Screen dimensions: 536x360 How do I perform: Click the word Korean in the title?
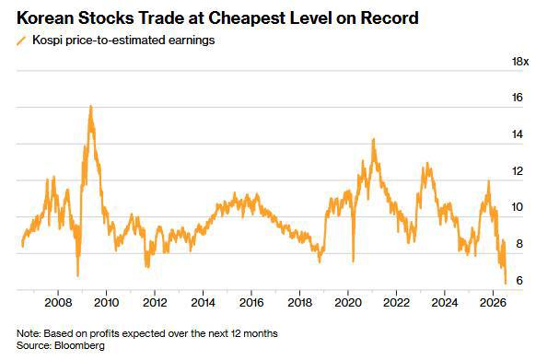tap(45, 18)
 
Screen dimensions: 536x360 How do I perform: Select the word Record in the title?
tap(390, 18)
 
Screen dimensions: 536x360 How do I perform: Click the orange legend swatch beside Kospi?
tap(21, 41)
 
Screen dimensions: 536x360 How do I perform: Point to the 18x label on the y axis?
tap(520, 62)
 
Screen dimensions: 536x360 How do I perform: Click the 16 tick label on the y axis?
tap(518, 98)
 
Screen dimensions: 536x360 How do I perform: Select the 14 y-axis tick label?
tap(518, 134)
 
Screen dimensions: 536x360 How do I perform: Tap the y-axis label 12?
tap(518, 171)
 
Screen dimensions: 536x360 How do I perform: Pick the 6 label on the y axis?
tap(519, 280)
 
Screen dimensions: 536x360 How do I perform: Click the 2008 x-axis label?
tap(58, 303)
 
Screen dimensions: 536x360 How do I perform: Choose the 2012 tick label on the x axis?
tap(155, 303)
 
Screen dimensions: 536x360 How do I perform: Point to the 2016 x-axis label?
tap(251, 303)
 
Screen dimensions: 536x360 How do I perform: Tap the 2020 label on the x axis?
tap(348, 303)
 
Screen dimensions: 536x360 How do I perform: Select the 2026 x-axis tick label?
tap(493, 303)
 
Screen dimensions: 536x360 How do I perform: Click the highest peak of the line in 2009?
tap(90, 106)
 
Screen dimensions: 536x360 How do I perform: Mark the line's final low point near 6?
tap(506, 283)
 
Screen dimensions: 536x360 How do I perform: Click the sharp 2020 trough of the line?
tap(353, 261)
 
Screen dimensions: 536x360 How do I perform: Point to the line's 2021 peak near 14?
tap(374, 139)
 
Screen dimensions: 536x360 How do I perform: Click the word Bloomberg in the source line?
tap(79, 345)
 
